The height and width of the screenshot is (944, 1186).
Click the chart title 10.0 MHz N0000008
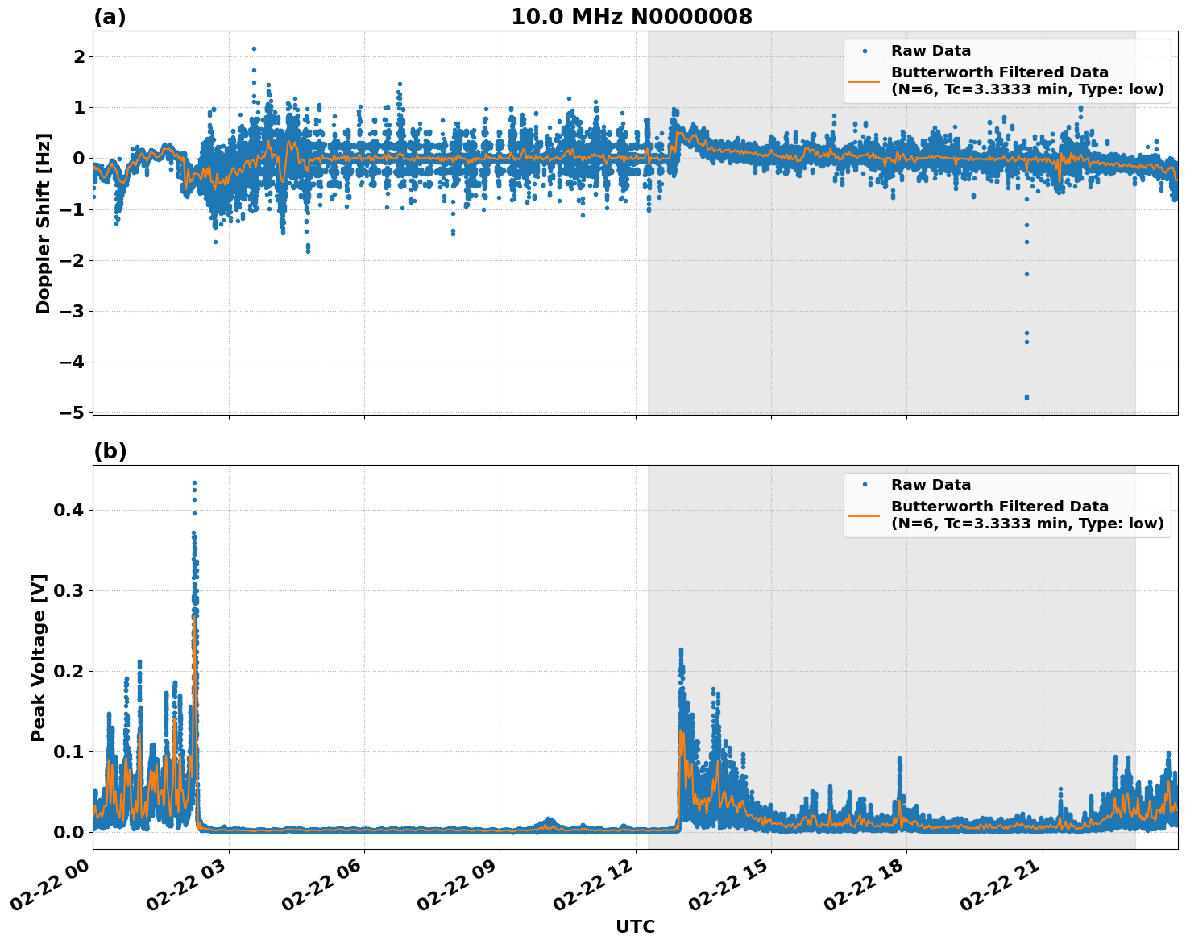(x=631, y=17)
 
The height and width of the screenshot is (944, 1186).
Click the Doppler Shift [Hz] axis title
(x=44, y=223)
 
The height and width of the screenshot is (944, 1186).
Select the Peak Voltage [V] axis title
(x=39, y=657)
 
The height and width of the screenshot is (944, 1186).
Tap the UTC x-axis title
(x=635, y=927)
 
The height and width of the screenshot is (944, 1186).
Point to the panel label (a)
(x=110, y=17)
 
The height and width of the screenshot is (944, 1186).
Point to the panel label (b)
(x=110, y=451)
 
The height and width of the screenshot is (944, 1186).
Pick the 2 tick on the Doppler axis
(x=79, y=56)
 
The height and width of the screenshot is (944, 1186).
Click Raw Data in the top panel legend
(x=931, y=51)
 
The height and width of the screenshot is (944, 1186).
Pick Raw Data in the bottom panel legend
(x=931, y=485)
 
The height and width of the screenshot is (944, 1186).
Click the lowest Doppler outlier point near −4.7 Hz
(x=1026, y=397)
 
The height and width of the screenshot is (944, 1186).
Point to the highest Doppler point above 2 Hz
(x=254, y=48)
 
